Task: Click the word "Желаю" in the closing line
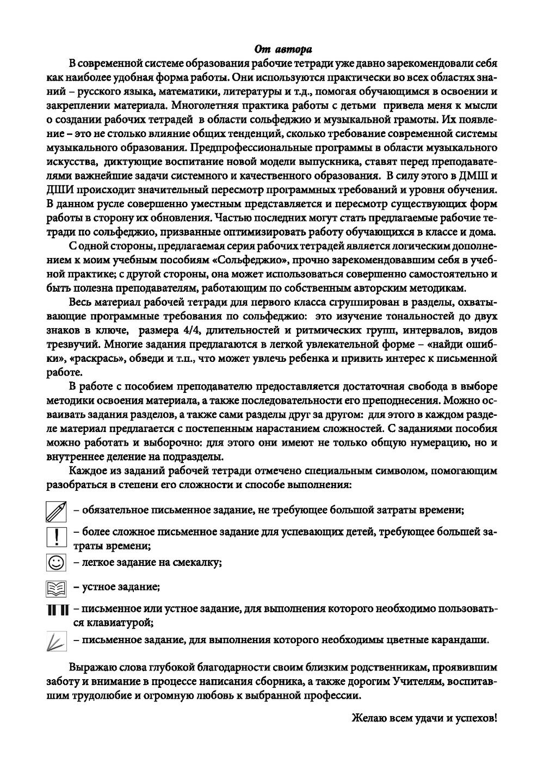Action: coord(367,718)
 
